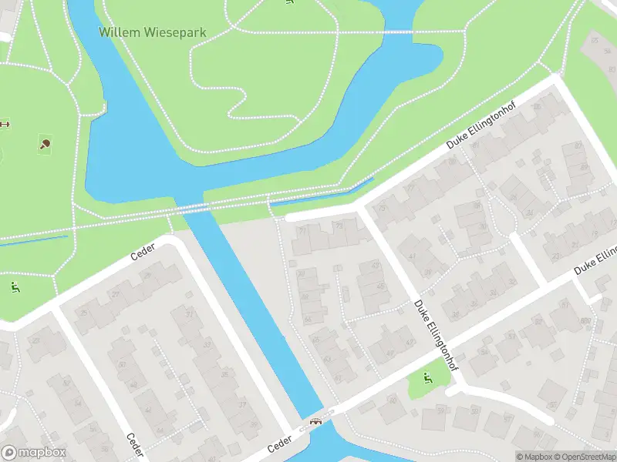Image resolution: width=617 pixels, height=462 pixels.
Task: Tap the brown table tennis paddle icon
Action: click(x=46, y=143)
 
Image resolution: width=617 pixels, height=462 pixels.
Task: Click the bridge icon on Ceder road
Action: click(x=315, y=420)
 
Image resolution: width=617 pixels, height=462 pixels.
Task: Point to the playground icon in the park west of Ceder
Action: click(x=14, y=288)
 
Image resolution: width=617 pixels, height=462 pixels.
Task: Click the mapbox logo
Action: click(x=34, y=453)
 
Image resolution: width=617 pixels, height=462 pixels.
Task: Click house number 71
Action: click(x=302, y=229)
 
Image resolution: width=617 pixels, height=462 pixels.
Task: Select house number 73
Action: click(x=338, y=226)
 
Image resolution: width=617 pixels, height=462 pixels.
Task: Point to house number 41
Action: click(x=412, y=257)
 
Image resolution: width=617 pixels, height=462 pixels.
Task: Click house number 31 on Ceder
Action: click(x=190, y=313)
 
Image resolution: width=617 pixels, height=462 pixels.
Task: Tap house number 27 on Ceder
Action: click(x=116, y=294)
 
